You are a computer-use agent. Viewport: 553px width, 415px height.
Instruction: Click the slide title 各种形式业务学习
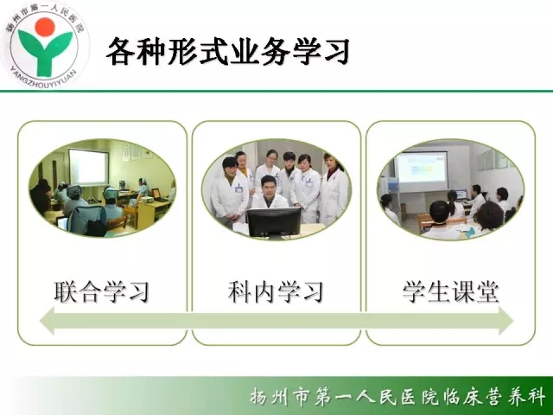coord(228,52)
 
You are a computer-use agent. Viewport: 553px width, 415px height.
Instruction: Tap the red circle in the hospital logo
coord(45,27)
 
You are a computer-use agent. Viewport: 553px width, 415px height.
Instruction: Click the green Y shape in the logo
coord(46,52)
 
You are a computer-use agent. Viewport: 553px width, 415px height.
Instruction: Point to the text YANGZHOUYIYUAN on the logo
coord(43,79)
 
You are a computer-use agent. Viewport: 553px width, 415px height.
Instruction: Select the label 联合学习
coord(102,292)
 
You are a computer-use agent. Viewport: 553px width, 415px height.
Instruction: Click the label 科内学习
coord(276,292)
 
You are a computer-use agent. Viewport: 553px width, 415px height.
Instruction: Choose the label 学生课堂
coord(451,292)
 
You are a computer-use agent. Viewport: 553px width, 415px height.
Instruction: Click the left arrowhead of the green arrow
coord(47,321)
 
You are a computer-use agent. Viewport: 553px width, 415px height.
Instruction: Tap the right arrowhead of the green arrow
coord(505,321)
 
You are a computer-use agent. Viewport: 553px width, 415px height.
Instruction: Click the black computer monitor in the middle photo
coord(274,221)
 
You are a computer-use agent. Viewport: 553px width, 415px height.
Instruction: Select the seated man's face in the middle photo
coord(269,185)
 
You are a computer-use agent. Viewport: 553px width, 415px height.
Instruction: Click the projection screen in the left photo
coord(88,167)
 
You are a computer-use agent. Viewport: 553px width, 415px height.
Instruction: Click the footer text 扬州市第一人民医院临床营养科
coord(397,397)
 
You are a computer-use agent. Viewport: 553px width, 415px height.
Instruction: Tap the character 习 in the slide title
coord(336,52)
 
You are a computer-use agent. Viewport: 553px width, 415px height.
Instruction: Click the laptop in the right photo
coord(461,195)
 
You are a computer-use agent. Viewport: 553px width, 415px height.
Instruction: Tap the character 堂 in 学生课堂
coord(487,292)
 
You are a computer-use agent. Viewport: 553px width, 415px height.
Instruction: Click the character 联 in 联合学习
coord(66,292)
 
